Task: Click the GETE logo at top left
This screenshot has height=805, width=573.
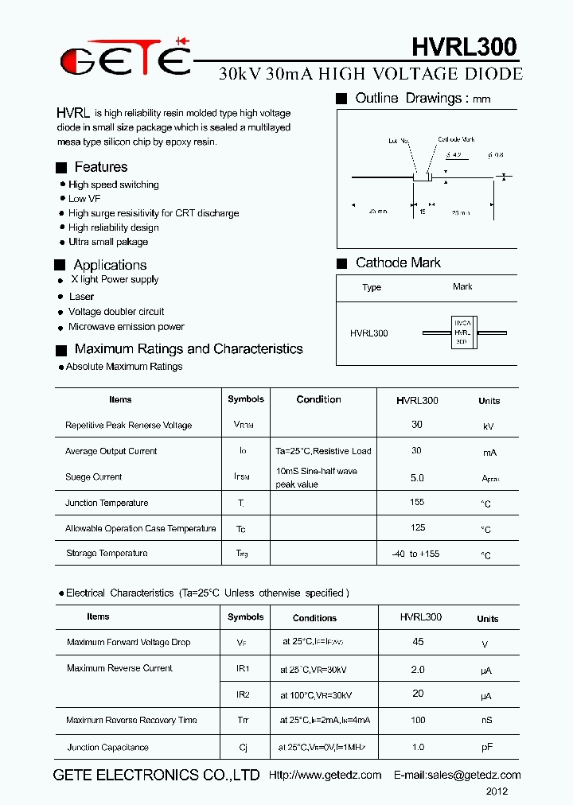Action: pos(126,59)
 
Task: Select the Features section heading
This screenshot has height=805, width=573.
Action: pos(100,167)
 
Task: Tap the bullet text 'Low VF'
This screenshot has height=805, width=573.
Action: pos(84,199)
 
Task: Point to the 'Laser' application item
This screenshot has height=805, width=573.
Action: pos(81,297)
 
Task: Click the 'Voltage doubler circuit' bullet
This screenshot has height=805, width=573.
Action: pos(116,312)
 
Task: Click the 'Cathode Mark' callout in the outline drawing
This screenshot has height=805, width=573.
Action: pos(456,140)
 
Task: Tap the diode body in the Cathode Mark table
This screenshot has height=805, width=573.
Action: pos(462,332)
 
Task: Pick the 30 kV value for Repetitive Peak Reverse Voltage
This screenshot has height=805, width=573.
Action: pos(417,425)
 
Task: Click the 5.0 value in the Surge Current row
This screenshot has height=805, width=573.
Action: pos(417,478)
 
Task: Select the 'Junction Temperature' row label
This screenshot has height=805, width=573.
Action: pos(107,503)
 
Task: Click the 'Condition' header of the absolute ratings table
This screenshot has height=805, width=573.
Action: pos(318,400)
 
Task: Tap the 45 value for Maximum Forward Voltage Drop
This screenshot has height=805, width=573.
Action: pos(418,642)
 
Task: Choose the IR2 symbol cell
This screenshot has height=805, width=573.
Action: pos(243,694)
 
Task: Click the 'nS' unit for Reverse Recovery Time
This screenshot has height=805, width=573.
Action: pos(486,721)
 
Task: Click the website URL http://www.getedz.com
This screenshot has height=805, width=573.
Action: pos(325,775)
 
